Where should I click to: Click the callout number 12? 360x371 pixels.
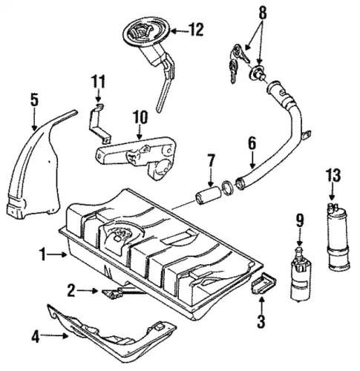[x=197, y=30]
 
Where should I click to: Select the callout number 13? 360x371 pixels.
[x=333, y=176]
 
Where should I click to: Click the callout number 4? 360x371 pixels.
[x=36, y=337]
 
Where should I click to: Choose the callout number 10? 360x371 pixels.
[x=140, y=117]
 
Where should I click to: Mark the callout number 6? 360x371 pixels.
[x=252, y=143]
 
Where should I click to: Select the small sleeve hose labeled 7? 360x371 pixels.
[x=208, y=195]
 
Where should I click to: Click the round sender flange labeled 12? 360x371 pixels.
[x=147, y=32]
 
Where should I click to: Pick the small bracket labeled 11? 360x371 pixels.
[x=99, y=125]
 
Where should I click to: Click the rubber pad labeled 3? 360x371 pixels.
[x=264, y=283]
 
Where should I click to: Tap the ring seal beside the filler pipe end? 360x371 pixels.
[x=228, y=188]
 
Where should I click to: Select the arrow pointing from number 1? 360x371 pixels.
[x=58, y=255]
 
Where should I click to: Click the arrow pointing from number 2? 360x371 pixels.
[x=87, y=291]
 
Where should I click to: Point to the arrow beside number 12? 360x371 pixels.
[x=180, y=31]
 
